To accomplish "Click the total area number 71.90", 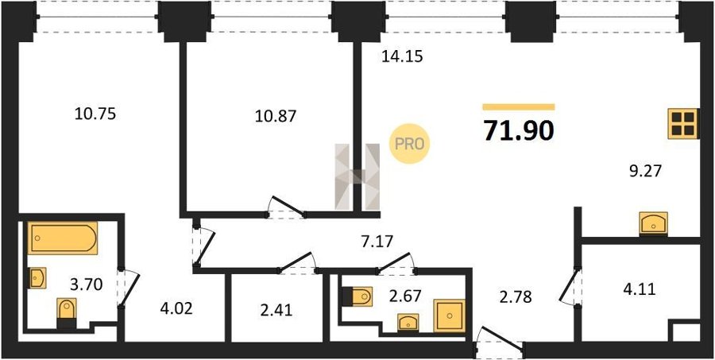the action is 519,131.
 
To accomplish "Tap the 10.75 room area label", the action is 95,114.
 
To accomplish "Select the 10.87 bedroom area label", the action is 276,115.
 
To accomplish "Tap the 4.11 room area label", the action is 639,288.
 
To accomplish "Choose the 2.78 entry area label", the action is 515,297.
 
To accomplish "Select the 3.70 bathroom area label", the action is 86,285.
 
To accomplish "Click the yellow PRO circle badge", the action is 409,144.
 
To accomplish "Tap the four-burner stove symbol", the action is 682,124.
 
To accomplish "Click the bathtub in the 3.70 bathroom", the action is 63,238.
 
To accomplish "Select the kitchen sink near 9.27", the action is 653,223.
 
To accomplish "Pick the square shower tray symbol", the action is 449,315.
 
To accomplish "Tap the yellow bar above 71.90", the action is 519,107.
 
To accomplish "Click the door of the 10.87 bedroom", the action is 286,207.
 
